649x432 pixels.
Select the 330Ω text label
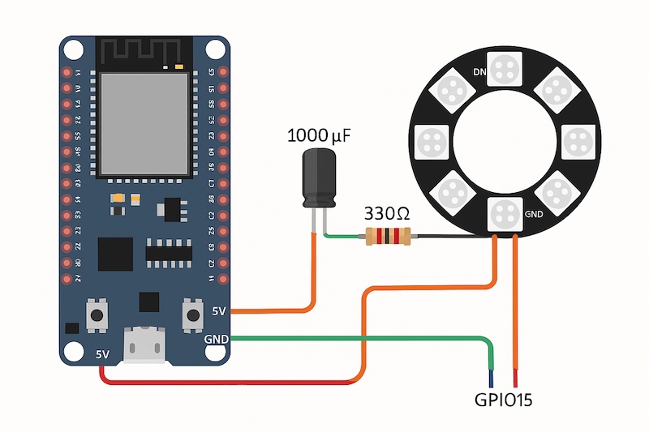(x=387, y=214)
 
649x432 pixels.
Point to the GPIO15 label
(x=503, y=400)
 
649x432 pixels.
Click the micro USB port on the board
(x=144, y=345)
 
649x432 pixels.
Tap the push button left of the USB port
(x=98, y=314)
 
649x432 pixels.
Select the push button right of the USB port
(x=193, y=314)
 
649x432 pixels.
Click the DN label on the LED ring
(x=479, y=72)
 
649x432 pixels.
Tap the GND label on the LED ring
(x=534, y=215)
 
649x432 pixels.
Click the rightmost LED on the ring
(x=578, y=143)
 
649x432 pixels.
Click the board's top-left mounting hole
(x=73, y=49)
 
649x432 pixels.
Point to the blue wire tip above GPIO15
(x=492, y=378)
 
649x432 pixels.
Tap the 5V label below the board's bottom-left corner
(x=103, y=354)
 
